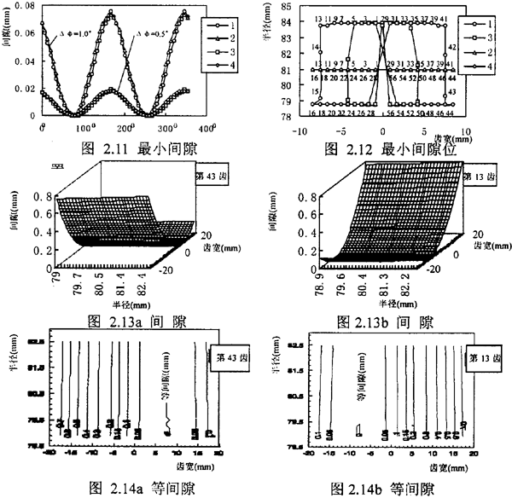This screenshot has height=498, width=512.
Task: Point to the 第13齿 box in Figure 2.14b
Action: click(x=487, y=359)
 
